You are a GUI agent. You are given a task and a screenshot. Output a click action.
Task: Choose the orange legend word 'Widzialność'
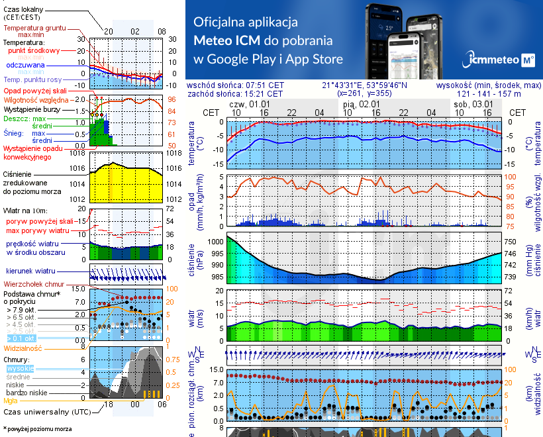pyautogui.click(x=23, y=348)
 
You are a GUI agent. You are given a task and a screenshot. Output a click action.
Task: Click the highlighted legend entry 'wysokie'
pyautogui.click(x=19, y=368)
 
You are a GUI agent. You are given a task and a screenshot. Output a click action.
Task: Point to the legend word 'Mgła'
pyautogui.click(x=11, y=401)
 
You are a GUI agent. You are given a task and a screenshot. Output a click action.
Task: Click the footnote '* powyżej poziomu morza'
pyautogui.click(x=37, y=429)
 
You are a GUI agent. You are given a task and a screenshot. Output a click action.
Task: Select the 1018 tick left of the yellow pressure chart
pyautogui.click(x=79, y=153)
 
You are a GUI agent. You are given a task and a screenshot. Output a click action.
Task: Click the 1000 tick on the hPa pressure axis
pyautogui.click(x=215, y=242)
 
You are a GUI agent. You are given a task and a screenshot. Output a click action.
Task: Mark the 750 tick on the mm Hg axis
pyautogui.click(x=511, y=242)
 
